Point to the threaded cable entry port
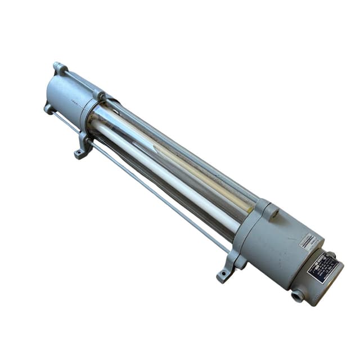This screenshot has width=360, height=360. (296, 294)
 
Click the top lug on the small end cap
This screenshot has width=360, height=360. (59, 68)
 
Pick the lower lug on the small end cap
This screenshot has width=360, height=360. (49, 108)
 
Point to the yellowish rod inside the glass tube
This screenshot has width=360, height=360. (186, 163)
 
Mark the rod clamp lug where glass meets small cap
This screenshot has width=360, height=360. (101, 96)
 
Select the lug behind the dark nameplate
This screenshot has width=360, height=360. (331, 256)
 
